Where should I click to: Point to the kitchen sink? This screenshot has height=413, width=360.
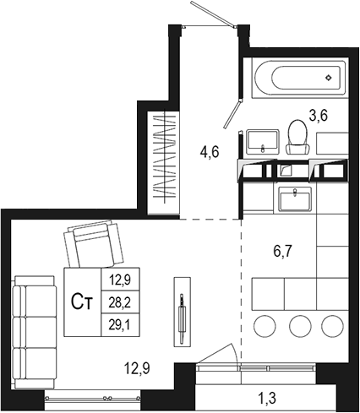(x=296, y=198)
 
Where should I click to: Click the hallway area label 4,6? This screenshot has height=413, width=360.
(x=210, y=153)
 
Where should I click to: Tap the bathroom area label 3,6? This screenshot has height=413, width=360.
(x=318, y=116)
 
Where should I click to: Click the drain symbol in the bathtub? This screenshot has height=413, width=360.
(x=330, y=78)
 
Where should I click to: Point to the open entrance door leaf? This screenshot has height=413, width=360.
(x=211, y=17)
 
